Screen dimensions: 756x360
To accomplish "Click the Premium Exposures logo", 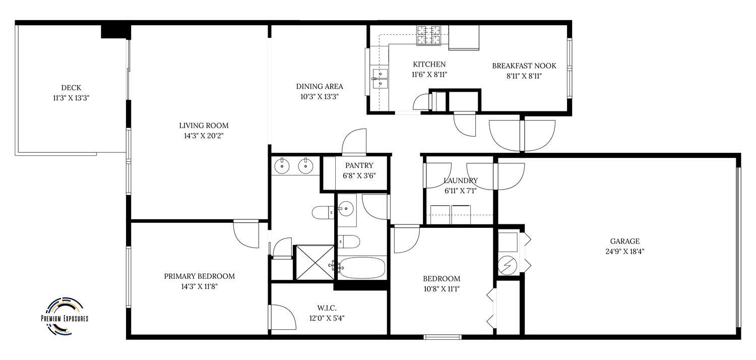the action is (65, 317).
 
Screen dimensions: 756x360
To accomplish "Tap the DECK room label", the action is (71, 88).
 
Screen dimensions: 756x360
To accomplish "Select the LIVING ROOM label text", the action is (204, 126).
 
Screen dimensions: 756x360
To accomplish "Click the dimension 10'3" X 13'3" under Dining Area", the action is (320, 97).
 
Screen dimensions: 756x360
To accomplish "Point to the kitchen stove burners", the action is (428, 35).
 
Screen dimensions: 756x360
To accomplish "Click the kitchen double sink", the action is (380, 78).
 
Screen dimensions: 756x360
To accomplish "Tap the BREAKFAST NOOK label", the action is (524, 66).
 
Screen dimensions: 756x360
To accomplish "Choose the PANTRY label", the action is (359, 165).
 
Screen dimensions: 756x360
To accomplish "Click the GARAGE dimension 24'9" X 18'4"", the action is (625, 251).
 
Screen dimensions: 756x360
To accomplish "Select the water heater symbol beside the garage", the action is (508, 265).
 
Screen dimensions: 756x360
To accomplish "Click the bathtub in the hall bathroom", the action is (362, 267).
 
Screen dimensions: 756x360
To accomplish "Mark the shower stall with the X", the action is (315, 263).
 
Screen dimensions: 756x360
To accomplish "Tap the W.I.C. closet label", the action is (327, 308).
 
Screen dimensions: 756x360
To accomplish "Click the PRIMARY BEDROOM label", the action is (200, 276).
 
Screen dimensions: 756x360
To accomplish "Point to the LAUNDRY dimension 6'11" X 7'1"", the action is (460, 191).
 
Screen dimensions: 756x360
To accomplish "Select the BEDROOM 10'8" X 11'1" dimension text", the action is (442, 289).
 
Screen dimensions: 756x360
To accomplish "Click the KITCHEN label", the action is (429, 64).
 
